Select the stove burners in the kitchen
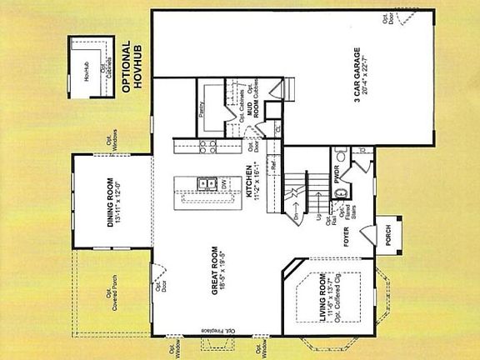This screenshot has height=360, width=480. [x=204, y=146]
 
